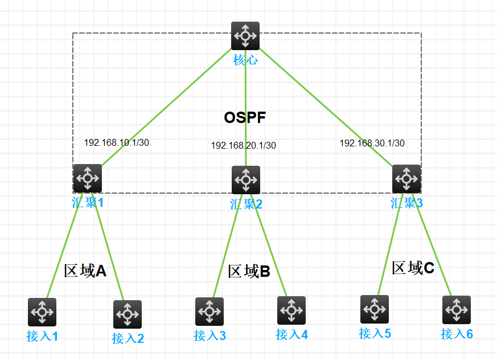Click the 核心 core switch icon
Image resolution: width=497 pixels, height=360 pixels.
coord(245,36)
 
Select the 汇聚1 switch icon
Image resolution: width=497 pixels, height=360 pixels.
coord(88,178)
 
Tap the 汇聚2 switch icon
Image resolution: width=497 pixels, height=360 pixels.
coord(246,180)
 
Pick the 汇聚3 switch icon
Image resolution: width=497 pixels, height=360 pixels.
coord(406,179)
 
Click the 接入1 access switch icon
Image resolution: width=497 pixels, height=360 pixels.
coord(42,312)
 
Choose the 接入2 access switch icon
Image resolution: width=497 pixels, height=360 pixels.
coord(128,314)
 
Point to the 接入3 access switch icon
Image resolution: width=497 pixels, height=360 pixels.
coord(210,311)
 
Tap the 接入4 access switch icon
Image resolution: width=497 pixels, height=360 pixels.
coord(291,310)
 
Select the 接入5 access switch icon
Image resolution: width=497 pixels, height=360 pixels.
coord(375,309)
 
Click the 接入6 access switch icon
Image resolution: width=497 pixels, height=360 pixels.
coord(457,310)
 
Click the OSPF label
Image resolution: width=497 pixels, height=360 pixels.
coord(245,118)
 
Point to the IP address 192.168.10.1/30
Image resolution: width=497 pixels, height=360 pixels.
coord(117,142)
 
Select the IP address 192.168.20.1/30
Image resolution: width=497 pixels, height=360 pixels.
coord(244,145)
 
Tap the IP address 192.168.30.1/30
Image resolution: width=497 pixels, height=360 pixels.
coord(372,143)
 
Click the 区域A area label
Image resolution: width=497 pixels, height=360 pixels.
coord(85,270)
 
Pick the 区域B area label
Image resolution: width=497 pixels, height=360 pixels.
coord(249,271)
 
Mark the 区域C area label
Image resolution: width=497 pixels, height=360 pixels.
coord(413,268)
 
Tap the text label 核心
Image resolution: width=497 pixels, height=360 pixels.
coord(245,59)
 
